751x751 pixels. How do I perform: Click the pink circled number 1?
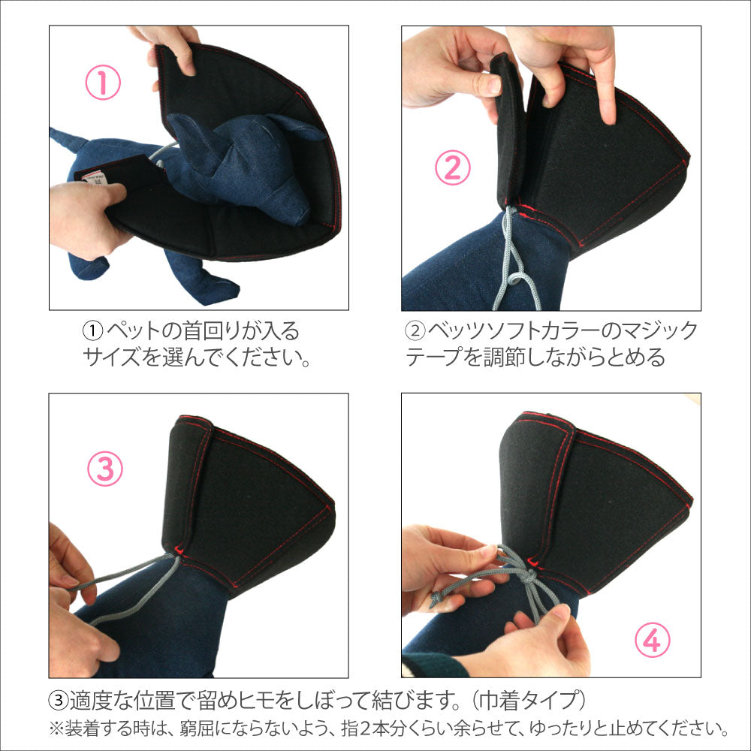tap(103, 83)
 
